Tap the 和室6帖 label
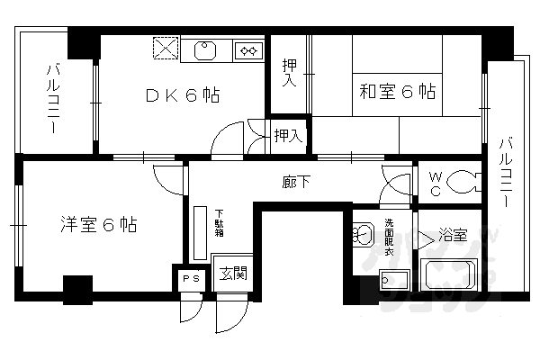pyautogui.click(x=399, y=91)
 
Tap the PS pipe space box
pyautogui.click(x=191, y=279)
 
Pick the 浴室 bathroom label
pyautogui.click(x=452, y=236)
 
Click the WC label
pyautogui.click(x=435, y=184)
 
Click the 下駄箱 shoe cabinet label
pyautogui.click(x=219, y=221)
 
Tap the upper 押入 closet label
pyautogui.click(x=289, y=73)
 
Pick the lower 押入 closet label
pyautogui.click(x=287, y=136)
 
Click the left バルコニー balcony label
pyautogui.click(x=53, y=97)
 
